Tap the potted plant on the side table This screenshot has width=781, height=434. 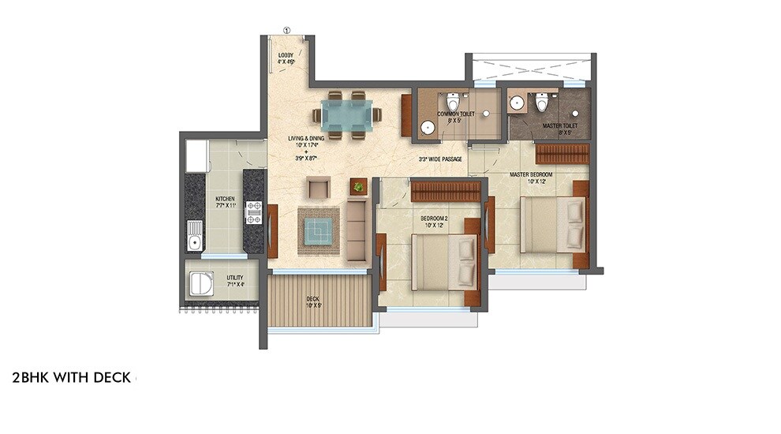(x=359, y=186)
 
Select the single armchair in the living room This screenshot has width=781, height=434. (x=318, y=187)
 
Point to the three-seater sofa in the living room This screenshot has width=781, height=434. (x=357, y=231)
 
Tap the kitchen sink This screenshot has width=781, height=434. (x=194, y=235)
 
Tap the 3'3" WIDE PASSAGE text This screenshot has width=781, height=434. (x=440, y=159)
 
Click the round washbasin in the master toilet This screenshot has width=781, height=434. (x=518, y=103)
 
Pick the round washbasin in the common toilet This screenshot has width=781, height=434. (x=428, y=127)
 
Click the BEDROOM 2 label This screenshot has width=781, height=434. (x=425, y=220)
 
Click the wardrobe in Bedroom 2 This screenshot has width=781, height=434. (x=446, y=191)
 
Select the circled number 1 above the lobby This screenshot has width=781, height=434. (x=286, y=30)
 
